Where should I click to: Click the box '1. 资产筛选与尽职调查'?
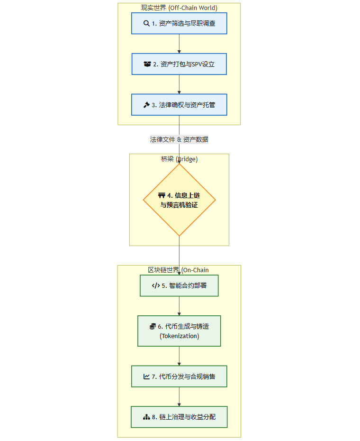coord(179,23)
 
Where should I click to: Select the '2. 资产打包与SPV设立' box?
coord(179,64)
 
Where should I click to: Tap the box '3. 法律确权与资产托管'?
coord(179,105)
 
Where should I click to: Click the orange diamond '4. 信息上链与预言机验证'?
coord(179,200)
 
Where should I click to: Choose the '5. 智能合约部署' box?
coord(179,285)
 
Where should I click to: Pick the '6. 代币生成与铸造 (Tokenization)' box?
coord(179,331)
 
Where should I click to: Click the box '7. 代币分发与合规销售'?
coord(179,377)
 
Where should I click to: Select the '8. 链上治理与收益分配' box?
coord(179,417)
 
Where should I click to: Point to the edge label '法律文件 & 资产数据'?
coord(179,139)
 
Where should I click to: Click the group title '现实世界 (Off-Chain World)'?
coord(179,8)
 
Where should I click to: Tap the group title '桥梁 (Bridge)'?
coord(179,159)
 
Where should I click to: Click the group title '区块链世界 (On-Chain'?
coord(178,270)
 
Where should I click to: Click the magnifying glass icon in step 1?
coord(146,23)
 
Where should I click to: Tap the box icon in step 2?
coord(147,64)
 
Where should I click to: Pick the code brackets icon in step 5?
coord(155,285)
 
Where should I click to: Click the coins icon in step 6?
coord(153,326)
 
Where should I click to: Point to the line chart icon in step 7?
coord(146,377)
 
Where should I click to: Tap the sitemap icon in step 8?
coord(146,417)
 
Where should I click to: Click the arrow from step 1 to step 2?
coord(179,44)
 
